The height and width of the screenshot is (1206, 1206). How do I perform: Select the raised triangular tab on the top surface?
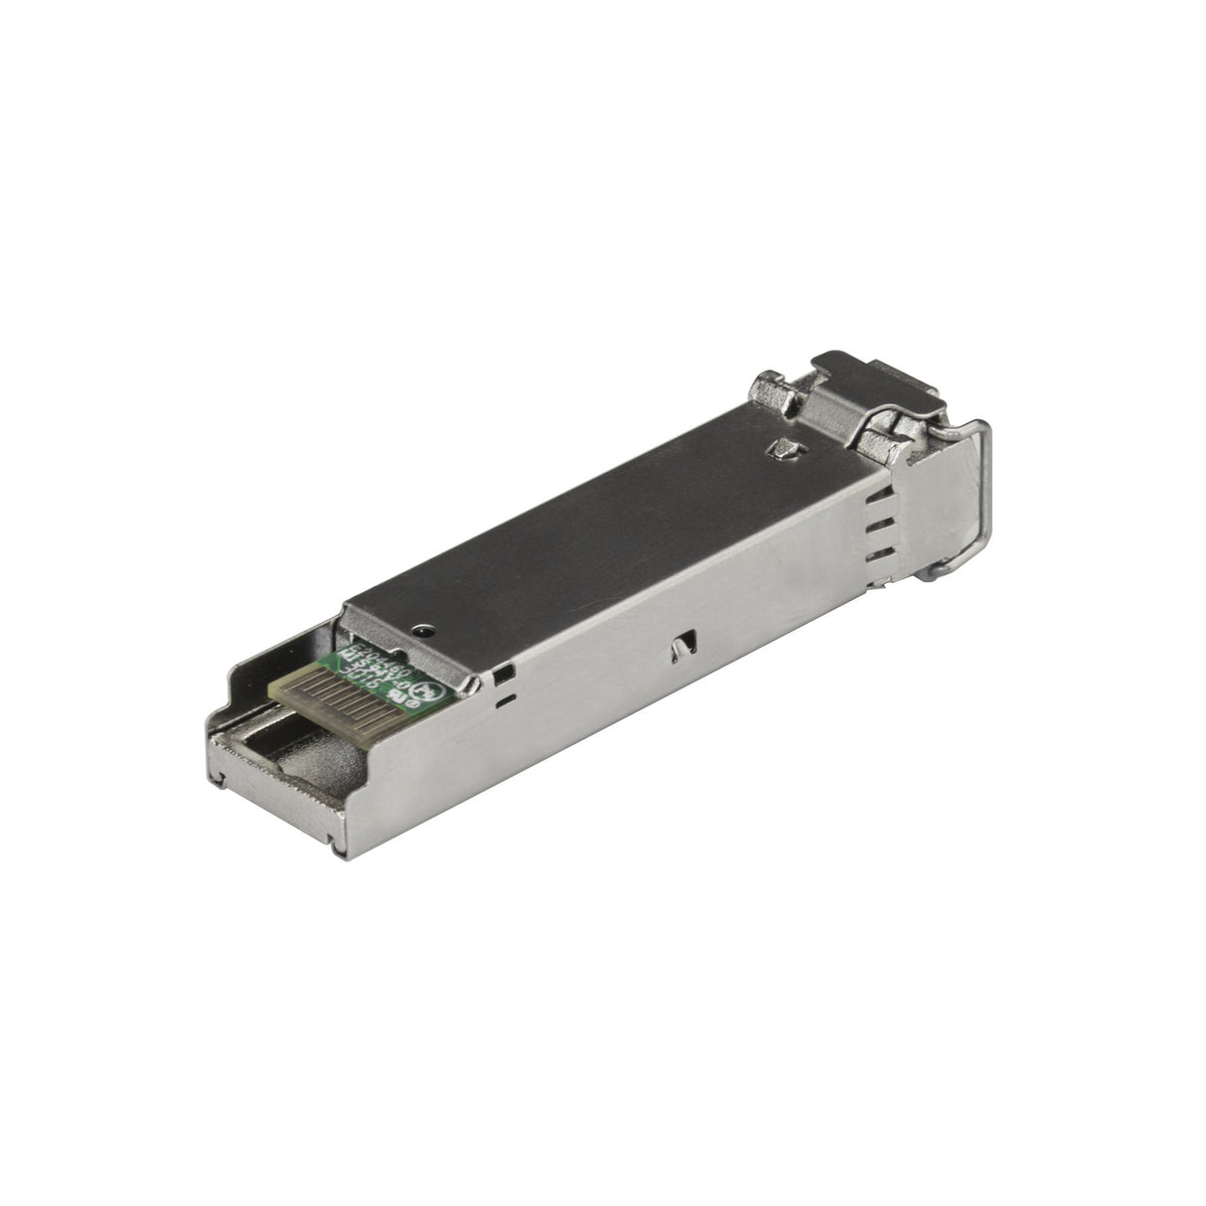(784, 451)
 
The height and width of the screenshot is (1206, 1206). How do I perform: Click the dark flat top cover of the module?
(596, 517)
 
